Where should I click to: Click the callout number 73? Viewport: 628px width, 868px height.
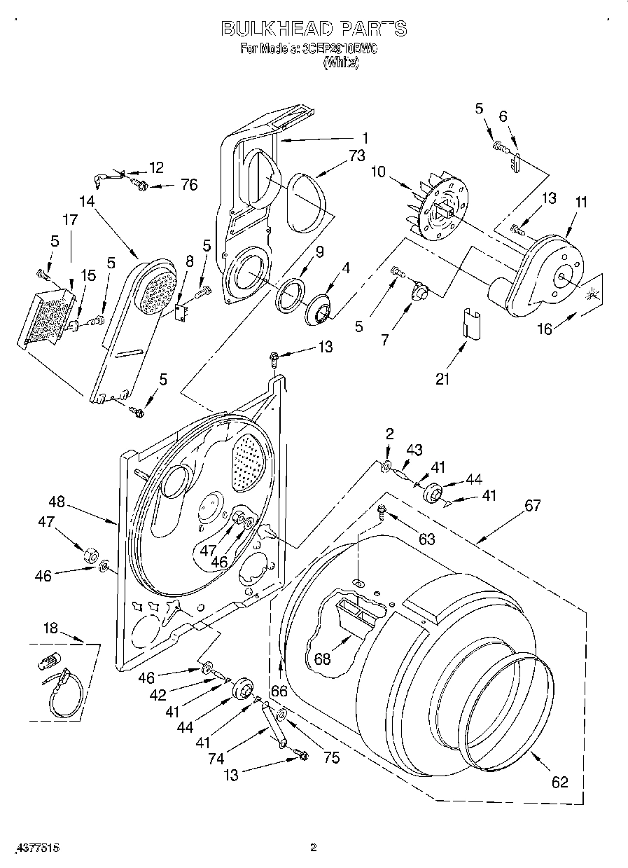pyautogui.click(x=356, y=156)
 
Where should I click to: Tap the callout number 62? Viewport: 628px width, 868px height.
pyautogui.click(x=559, y=782)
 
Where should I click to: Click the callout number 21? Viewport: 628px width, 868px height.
pyautogui.click(x=442, y=379)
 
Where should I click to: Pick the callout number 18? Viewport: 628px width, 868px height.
pyautogui.click(x=50, y=628)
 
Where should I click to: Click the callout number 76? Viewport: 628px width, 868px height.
pyautogui.click(x=188, y=185)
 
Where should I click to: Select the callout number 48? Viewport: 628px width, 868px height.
pyautogui.click(x=57, y=502)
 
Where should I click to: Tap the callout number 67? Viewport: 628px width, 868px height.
pyautogui.click(x=533, y=505)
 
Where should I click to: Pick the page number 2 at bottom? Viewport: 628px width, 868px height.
pyautogui.click(x=314, y=848)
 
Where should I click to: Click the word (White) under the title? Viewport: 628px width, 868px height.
pyautogui.click(x=340, y=63)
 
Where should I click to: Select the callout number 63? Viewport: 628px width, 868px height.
pyautogui.click(x=426, y=539)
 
